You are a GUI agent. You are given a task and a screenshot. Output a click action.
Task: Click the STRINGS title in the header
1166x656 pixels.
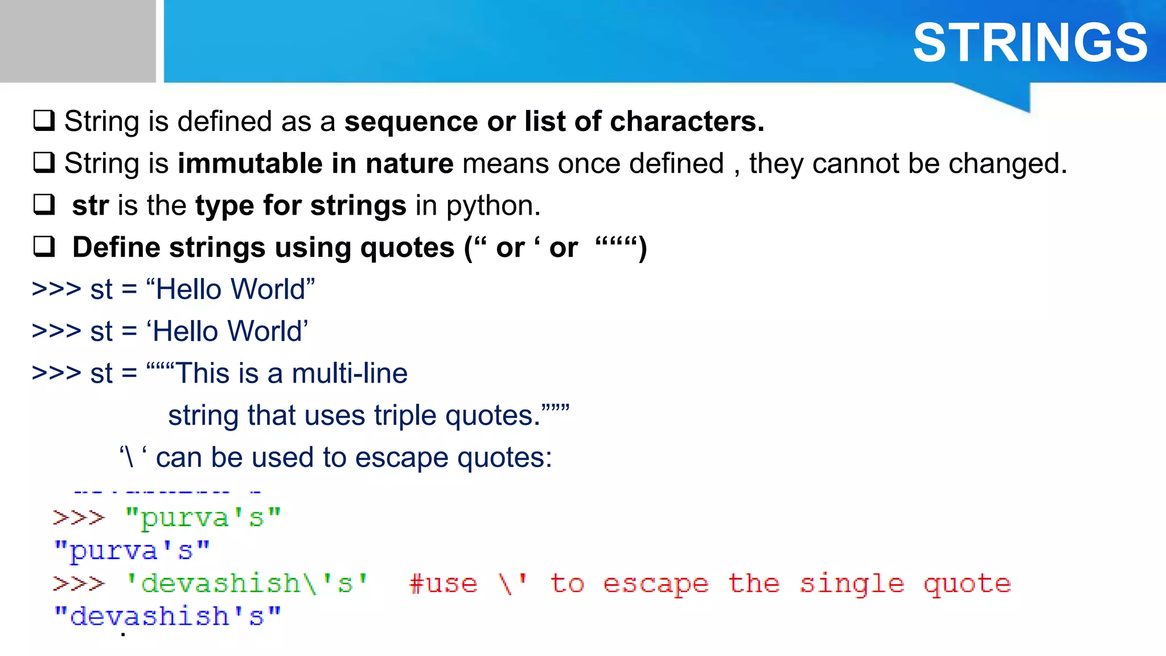click(x=1030, y=43)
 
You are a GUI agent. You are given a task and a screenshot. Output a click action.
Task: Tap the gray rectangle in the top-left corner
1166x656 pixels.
click(x=77, y=41)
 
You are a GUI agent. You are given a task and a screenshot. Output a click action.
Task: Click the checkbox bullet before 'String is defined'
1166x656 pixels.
click(x=44, y=121)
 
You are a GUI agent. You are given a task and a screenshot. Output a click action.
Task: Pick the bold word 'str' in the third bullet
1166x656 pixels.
click(x=90, y=205)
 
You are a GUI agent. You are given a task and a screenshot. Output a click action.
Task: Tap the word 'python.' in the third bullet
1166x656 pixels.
click(x=493, y=206)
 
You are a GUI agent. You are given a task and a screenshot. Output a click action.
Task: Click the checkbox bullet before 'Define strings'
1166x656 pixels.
click(x=44, y=247)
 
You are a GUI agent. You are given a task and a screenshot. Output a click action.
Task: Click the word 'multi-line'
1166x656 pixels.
click(x=350, y=374)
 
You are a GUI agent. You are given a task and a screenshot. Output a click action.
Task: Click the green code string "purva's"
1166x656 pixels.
click(x=203, y=518)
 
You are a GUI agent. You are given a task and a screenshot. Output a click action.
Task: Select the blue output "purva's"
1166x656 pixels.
click(x=132, y=551)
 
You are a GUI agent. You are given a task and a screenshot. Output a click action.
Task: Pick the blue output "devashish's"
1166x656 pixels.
click(x=167, y=617)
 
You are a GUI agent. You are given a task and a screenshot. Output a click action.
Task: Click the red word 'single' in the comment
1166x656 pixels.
click(x=852, y=584)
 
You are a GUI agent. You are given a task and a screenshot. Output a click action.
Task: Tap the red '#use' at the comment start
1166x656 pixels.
click(x=443, y=584)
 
